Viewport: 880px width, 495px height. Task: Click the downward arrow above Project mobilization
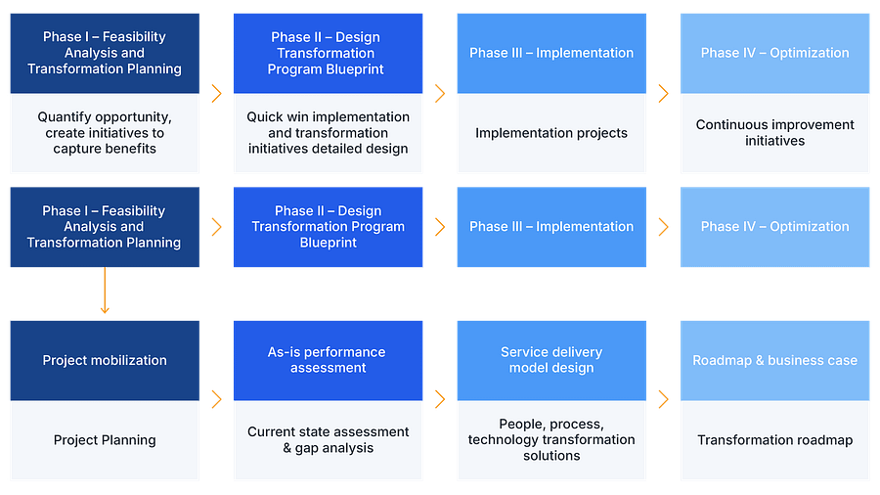tap(105, 293)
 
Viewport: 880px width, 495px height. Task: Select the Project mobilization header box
tap(105, 360)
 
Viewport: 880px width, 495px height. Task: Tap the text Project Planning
tap(105, 440)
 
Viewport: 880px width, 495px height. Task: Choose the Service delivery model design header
tap(551, 360)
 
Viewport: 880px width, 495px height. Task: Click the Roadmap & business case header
tap(774, 360)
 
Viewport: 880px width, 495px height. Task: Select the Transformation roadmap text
tap(774, 440)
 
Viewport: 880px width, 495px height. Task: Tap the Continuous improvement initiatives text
tap(774, 133)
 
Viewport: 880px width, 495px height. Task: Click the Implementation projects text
tap(551, 133)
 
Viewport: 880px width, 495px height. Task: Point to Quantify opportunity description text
tap(105, 133)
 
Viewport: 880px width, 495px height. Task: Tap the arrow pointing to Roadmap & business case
tap(664, 399)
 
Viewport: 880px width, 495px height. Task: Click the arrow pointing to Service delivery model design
tap(440, 399)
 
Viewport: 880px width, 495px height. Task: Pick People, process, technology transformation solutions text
tap(551, 440)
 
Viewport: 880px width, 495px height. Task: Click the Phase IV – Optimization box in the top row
tap(774, 53)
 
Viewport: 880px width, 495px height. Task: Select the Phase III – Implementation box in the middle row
tap(551, 227)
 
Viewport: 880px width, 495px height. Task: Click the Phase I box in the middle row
tap(105, 227)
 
